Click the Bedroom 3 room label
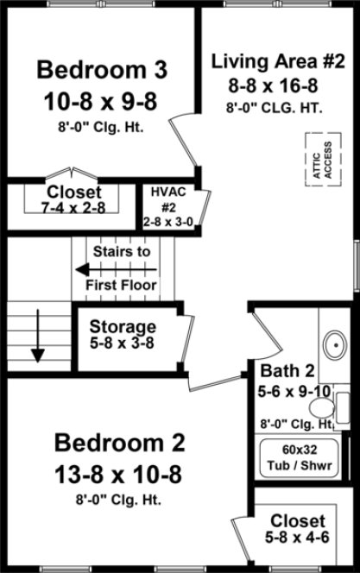pyautogui.click(x=102, y=68)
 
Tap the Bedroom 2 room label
pyautogui.click(x=119, y=444)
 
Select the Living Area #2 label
pyautogui.click(x=278, y=61)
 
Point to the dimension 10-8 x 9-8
pyautogui.click(x=102, y=102)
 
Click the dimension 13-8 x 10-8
pyautogui.click(x=119, y=474)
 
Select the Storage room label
pyautogui.click(x=123, y=327)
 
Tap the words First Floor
pyautogui.click(x=121, y=285)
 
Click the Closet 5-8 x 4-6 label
pyautogui.click(x=298, y=529)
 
